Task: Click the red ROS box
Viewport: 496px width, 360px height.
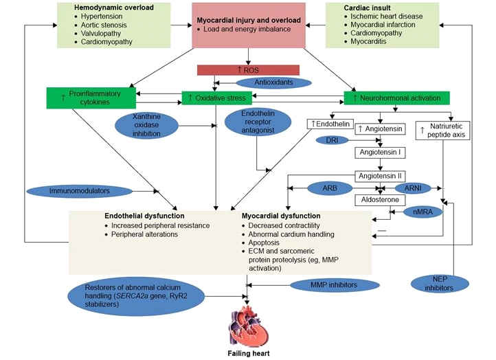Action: pos(248,70)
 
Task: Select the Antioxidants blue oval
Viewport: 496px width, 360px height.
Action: pos(273,82)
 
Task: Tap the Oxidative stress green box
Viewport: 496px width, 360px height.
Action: pos(217,98)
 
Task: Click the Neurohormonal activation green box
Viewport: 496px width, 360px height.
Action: pos(396,98)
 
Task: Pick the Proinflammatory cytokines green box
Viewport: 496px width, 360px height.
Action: pos(91,98)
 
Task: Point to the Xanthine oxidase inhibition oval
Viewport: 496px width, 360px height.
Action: pos(146,125)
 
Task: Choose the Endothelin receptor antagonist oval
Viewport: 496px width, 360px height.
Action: pos(258,122)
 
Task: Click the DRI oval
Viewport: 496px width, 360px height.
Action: pos(332,140)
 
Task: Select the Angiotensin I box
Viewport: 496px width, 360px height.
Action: pos(380,153)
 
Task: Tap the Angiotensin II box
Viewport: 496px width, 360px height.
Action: pos(380,176)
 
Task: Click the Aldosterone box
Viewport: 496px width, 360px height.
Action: pos(380,200)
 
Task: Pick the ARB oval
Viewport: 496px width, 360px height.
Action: pos(330,188)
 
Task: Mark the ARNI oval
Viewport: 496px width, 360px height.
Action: pos(413,188)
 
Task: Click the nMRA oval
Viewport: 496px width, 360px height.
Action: pos(422,212)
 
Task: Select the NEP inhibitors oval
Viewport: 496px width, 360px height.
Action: pos(440,284)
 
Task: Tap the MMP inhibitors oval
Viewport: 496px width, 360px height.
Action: pos(335,285)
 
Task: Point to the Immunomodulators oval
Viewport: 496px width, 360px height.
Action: pos(80,191)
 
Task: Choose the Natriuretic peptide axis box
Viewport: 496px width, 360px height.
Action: pos(442,131)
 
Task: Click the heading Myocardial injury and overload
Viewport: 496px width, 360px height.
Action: pos(249,20)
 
